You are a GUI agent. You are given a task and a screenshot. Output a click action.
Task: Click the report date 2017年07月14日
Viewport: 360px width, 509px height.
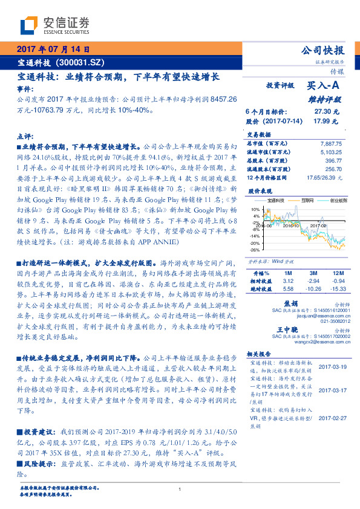[53, 50]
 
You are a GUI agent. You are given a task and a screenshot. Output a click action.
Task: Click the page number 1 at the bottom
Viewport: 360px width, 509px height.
[180, 490]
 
